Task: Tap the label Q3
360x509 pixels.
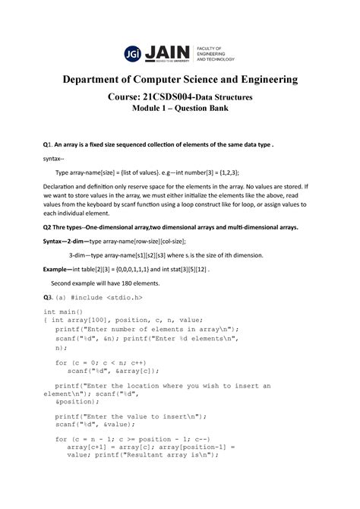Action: click(x=46, y=296)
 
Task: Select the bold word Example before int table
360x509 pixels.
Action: click(x=59, y=269)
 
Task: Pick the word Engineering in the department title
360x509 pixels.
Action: click(x=280, y=80)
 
